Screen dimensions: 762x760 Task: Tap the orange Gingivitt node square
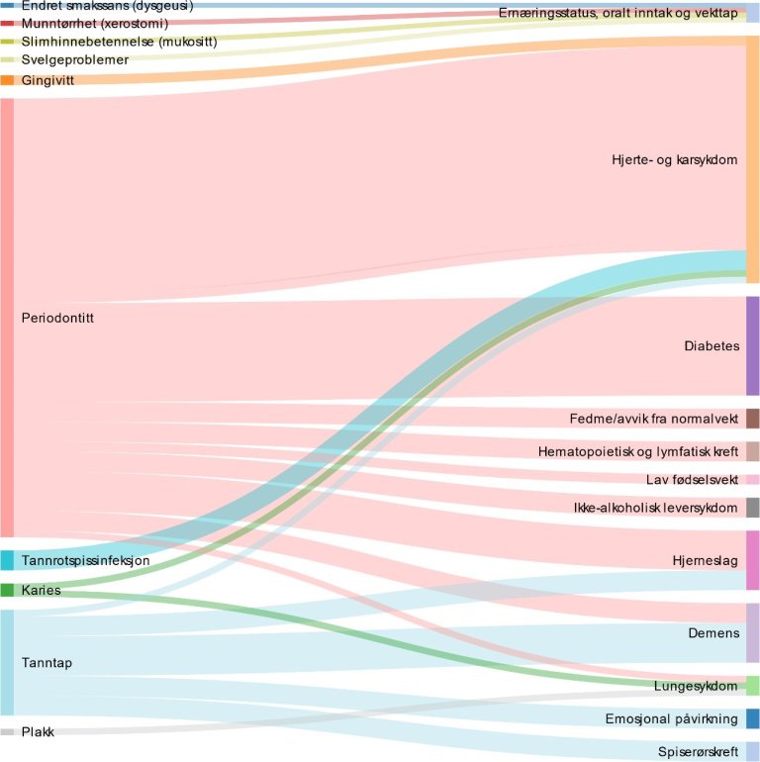(x=7, y=80)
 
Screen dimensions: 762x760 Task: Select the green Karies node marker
(x=7, y=590)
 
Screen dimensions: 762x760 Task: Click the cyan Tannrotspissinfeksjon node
(x=7, y=560)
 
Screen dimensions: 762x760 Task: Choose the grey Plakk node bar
(x=7, y=732)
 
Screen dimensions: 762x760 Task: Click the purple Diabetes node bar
(x=752, y=345)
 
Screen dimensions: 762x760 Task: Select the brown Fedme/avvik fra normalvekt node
(x=752, y=418)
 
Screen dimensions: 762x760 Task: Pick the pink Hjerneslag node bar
(x=752, y=560)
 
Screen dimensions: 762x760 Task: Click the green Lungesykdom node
(x=752, y=686)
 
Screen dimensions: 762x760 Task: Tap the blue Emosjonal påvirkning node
(x=752, y=718)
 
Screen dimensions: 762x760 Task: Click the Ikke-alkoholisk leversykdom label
(x=656, y=509)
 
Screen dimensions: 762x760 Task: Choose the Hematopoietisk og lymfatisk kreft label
(x=638, y=451)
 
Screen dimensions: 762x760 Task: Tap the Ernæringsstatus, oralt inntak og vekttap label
(x=618, y=13)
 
